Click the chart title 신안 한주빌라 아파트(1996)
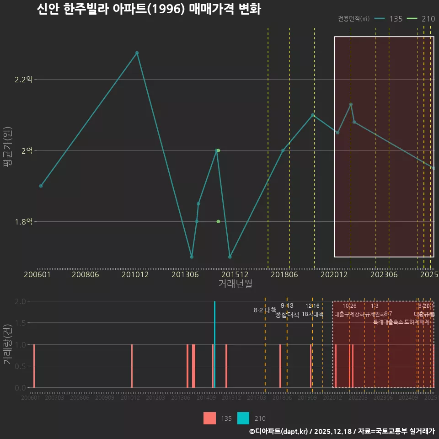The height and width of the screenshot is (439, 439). tap(149, 9)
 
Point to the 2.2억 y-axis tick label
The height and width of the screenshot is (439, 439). tap(23, 80)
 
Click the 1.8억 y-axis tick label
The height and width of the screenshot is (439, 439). tap(23, 222)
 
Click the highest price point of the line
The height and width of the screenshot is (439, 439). tap(137, 53)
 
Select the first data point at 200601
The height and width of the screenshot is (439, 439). tap(41, 186)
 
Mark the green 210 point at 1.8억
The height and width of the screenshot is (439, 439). tap(218, 221)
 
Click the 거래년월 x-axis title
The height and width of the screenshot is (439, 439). tap(235, 284)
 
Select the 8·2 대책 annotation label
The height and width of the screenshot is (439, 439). tap(262, 310)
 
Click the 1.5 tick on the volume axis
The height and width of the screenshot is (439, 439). tap(20, 323)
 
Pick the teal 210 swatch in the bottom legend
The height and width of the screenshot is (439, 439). tap(244, 418)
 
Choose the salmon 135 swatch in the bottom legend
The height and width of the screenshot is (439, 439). tap(209, 418)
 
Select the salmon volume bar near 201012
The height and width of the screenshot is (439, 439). tap(132, 366)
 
